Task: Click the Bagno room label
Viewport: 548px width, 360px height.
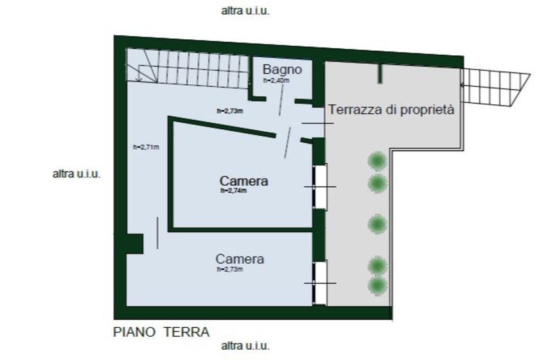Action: (282, 69)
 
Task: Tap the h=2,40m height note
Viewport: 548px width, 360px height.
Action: (276, 80)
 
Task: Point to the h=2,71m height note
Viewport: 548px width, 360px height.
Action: (146, 147)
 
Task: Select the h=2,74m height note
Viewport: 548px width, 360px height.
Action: (233, 191)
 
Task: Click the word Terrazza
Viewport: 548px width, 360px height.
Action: (355, 110)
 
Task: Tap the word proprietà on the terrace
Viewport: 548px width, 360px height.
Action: (427, 110)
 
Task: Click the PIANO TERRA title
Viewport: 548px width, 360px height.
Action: (161, 332)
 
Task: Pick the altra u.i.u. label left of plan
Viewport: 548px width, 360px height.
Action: (76, 174)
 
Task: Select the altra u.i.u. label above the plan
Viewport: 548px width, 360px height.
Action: (245, 11)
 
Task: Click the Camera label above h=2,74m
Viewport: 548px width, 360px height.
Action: (244, 181)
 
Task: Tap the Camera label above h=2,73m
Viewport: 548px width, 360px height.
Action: (240, 259)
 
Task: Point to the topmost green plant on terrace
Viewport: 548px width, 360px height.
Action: (378, 161)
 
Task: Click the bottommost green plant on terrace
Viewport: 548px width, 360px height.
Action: (378, 286)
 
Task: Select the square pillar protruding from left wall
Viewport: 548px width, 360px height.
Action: (134, 244)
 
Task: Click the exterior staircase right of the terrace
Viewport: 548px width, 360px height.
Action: (495, 87)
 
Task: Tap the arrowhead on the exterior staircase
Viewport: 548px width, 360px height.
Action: (463, 85)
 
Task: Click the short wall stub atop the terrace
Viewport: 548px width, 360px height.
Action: (380, 73)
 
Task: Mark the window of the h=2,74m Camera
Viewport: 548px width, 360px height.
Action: (319, 187)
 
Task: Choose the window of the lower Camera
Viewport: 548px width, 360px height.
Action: (319, 283)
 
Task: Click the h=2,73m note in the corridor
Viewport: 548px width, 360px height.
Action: (230, 111)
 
